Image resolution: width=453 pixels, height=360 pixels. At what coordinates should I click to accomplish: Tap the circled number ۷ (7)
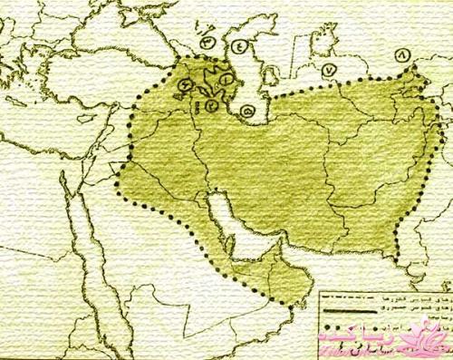pyautogui.click(x=329, y=68)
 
